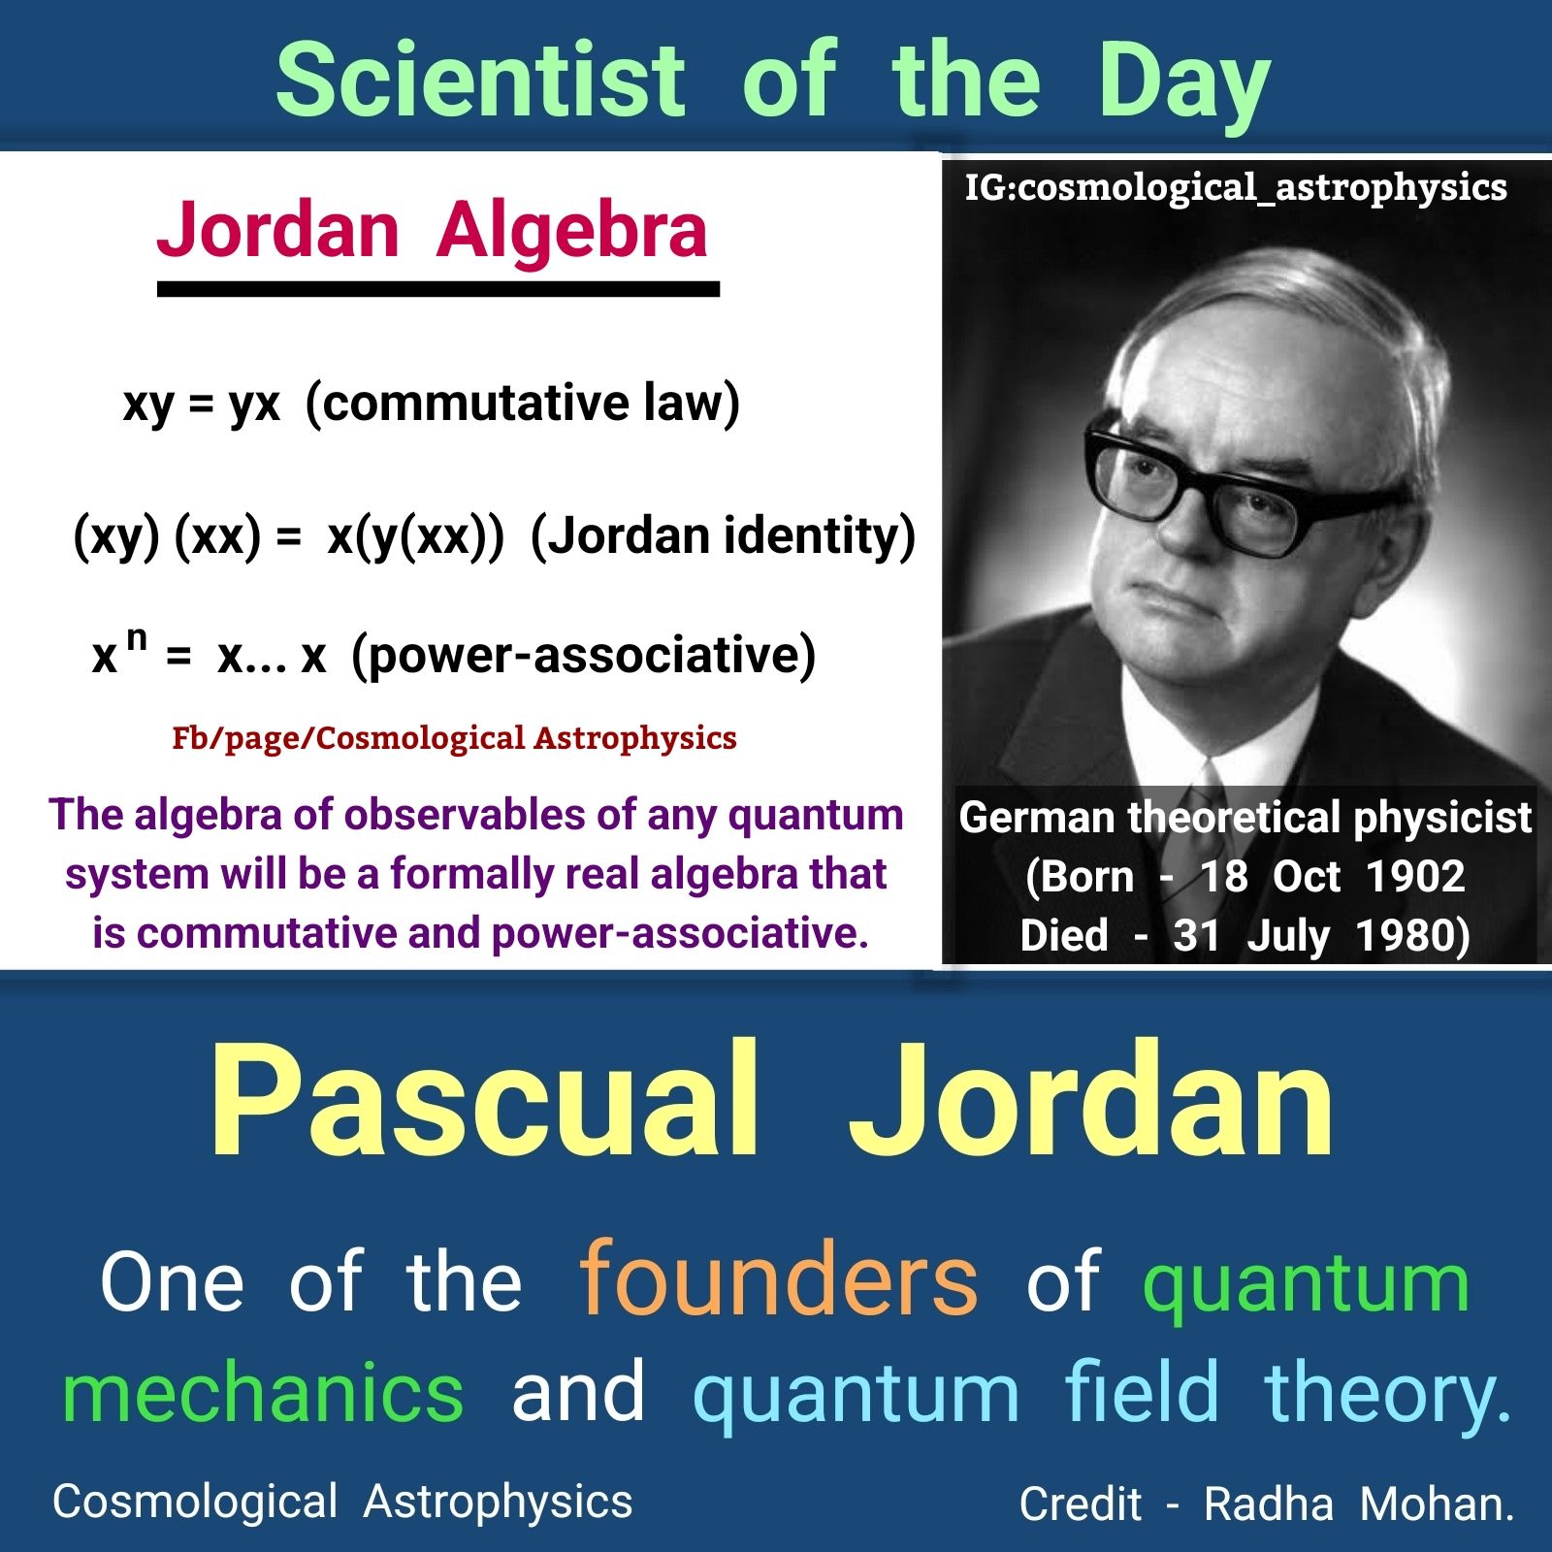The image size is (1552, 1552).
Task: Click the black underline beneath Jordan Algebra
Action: click(x=437, y=289)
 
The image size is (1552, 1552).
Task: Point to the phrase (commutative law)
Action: click(x=523, y=403)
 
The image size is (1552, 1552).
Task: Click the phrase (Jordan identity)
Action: click(x=723, y=536)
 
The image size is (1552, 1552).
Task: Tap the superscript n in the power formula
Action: click(x=137, y=638)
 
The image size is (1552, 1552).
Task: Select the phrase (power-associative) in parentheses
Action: click(x=583, y=656)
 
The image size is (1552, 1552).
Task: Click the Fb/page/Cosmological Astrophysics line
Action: click(x=454, y=738)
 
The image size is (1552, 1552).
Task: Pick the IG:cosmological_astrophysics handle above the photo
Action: click(x=1235, y=187)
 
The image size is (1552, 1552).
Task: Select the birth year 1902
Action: click(x=1415, y=877)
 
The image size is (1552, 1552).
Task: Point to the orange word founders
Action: click(x=778, y=1281)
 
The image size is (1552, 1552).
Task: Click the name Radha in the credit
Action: click(x=1268, y=1504)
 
